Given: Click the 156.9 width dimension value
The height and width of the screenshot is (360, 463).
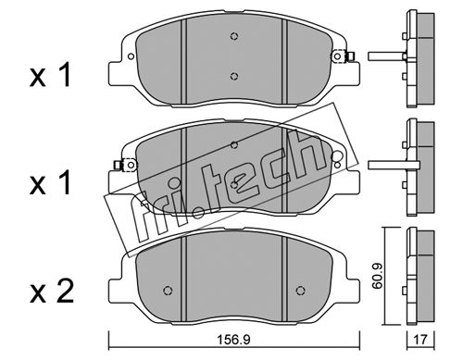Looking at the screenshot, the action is click(x=233, y=340).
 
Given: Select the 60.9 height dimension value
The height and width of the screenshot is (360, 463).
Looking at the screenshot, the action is click(x=377, y=276).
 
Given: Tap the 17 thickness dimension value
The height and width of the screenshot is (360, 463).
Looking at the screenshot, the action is click(x=420, y=340).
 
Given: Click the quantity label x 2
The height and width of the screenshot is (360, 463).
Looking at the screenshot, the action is click(x=52, y=292).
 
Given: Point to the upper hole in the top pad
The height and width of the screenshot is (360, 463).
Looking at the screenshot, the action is click(x=234, y=36).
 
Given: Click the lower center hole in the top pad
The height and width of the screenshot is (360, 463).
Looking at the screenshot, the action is click(x=234, y=76).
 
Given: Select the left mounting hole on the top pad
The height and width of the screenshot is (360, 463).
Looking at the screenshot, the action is click(x=131, y=56).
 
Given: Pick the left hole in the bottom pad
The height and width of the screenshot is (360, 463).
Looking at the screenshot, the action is click(x=168, y=291).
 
